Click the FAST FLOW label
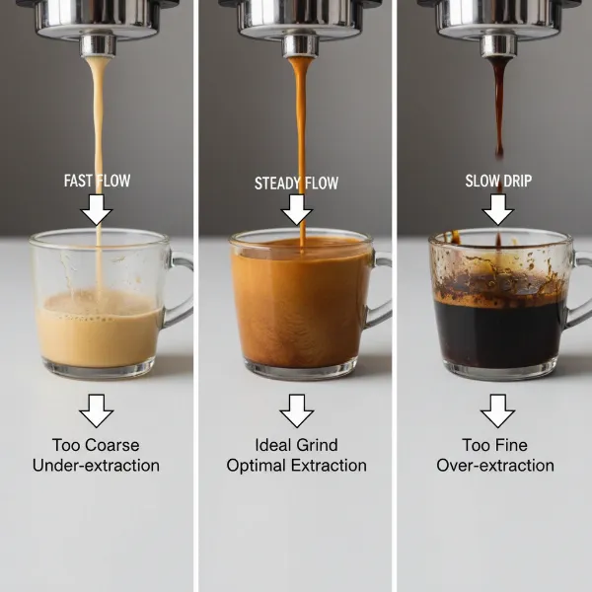[97, 181]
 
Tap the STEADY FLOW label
[296, 184]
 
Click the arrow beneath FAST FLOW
[97, 209]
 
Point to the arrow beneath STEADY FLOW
[296, 210]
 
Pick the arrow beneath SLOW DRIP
[498, 209]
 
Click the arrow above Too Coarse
[97, 409]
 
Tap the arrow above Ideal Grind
[296, 409]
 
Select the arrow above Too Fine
[498, 409]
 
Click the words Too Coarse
[97, 445]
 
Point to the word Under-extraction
[97, 466]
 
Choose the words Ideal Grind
[296, 445]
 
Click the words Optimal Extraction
[296, 466]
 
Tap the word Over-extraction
[496, 466]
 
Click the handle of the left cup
[180, 290]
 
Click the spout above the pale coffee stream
[97, 44]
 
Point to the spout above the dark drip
[499, 44]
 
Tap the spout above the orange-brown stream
[299, 44]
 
